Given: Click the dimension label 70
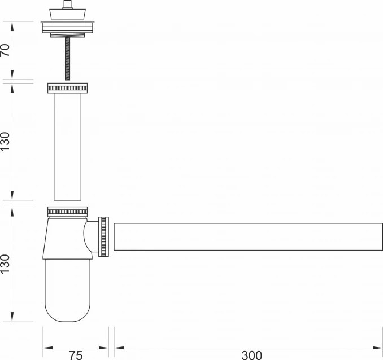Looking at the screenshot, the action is [x=6, y=50].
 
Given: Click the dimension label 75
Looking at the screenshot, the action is [x=76, y=355].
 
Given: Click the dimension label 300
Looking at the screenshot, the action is [x=252, y=355].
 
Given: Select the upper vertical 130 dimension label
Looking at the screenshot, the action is [x=6, y=141].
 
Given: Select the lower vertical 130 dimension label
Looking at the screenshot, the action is [x=6, y=264].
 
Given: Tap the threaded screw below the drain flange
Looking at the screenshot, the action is [x=67, y=59].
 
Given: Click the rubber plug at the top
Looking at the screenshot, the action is [x=68, y=14].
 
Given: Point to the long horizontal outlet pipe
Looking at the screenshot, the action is [x=248, y=236].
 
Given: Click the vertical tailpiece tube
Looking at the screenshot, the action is [x=67, y=147].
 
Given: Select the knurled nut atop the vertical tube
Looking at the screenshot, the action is [x=67, y=88].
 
